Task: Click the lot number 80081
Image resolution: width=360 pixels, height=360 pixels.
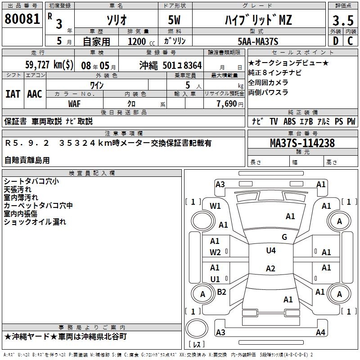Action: [22, 19]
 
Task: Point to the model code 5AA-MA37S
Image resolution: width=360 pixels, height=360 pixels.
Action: [258, 41]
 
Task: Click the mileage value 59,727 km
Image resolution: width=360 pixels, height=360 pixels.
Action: [49, 65]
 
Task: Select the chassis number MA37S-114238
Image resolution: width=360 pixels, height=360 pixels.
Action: [302, 143]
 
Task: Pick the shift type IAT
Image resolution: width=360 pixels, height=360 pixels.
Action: [13, 94]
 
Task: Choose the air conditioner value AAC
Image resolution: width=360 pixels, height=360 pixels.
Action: [35, 94]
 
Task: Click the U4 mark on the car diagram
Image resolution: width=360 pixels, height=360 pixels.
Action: [270, 250]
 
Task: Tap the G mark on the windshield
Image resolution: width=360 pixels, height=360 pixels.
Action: [284, 237]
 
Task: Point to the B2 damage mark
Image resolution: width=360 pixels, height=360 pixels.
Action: [221, 292]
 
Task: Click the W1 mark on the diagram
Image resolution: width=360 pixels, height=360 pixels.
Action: [215, 206]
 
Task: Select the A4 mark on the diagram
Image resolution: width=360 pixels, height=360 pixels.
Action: [320, 333]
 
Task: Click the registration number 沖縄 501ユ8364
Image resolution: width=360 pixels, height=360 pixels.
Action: [170, 65]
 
